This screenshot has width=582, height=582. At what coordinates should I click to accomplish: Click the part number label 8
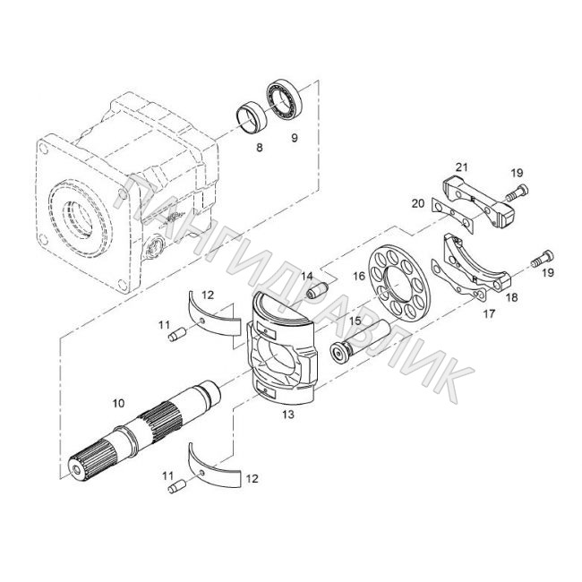[259, 148]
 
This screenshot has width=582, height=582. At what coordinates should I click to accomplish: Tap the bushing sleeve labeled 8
[252, 116]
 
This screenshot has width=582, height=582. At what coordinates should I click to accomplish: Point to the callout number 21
[462, 167]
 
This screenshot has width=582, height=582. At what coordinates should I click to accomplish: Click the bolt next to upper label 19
[517, 193]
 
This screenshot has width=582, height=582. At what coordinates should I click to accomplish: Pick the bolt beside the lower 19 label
[542, 259]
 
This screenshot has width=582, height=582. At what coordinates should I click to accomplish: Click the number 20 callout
[418, 203]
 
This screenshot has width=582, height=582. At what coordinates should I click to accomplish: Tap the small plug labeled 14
[318, 290]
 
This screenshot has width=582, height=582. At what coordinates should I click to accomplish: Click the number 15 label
[355, 320]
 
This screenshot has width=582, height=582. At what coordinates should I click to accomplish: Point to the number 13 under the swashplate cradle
[288, 415]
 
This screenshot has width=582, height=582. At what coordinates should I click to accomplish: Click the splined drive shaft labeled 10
[145, 430]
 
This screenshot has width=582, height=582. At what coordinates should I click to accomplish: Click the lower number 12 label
[252, 479]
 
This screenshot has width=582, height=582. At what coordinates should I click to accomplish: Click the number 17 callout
[489, 314]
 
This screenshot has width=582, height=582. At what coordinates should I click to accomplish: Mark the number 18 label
[511, 297]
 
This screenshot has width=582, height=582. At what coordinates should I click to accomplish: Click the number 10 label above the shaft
[118, 403]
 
